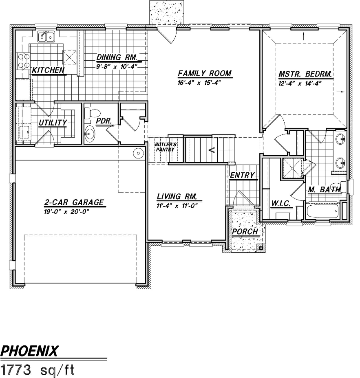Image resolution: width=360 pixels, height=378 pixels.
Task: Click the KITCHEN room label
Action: pyautogui.click(x=48, y=70)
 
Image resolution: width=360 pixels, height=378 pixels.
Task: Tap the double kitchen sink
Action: pyautogui.click(x=46, y=36)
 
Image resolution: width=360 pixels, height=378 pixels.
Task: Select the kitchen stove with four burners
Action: pyautogui.click(x=23, y=61)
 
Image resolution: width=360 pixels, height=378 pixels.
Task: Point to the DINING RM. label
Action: pyautogui.click(x=117, y=57)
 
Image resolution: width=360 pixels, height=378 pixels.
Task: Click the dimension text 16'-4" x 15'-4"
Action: pyautogui.click(x=199, y=83)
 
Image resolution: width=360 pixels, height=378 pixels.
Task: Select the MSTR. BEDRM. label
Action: pyautogui.click(x=305, y=74)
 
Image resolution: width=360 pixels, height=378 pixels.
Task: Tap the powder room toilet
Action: pyautogui.click(x=92, y=113)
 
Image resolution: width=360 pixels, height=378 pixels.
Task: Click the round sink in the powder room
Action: pyautogui.click(x=90, y=133)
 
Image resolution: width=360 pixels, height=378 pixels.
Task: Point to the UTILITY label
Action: pyautogui.click(x=53, y=123)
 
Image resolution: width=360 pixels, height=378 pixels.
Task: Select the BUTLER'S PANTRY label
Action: pyautogui.click(x=165, y=147)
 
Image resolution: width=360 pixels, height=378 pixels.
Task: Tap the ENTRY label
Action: pyautogui.click(x=242, y=175)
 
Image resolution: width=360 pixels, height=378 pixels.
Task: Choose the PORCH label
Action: pyautogui.click(x=245, y=232)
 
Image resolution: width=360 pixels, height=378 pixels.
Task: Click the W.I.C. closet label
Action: pyautogui.click(x=281, y=204)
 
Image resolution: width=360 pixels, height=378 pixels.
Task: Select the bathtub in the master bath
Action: pyautogui.click(x=322, y=211)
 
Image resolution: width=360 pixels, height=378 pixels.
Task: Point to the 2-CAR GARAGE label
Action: pyautogui.click(x=74, y=202)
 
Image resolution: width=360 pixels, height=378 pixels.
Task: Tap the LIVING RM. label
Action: pyautogui.click(x=177, y=196)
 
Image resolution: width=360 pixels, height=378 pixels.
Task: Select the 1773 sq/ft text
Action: pyautogui.click(x=38, y=370)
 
